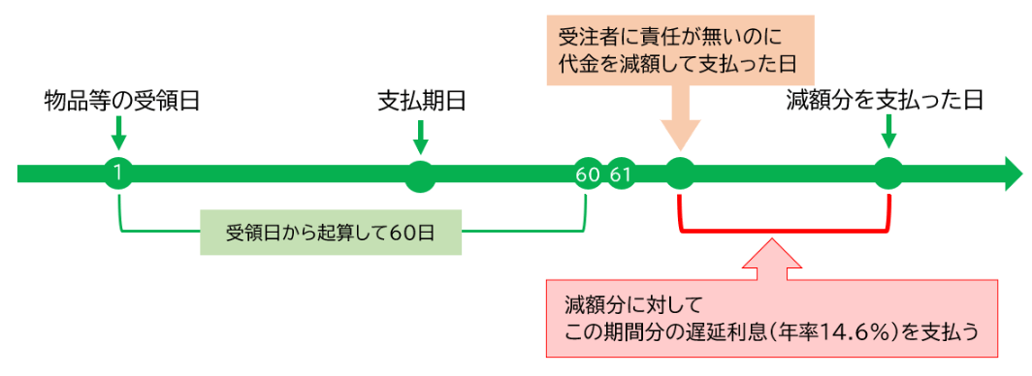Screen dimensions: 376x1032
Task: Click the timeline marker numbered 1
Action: tap(117, 174)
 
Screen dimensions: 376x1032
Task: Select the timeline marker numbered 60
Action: tap(587, 174)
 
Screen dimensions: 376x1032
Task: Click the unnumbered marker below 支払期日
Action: tap(420, 174)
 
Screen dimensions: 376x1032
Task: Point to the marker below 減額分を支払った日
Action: tap(888, 174)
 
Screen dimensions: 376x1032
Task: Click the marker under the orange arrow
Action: tap(680, 174)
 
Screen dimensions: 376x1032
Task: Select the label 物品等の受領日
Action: tap(121, 100)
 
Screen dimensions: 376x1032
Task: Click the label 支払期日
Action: tap(420, 100)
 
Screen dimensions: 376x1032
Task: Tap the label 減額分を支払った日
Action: tap(885, 100)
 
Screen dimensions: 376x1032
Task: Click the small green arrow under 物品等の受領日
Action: tap(117, 133)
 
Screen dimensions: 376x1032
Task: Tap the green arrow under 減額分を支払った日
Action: tap(888, 135)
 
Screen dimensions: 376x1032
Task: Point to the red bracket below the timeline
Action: tap(785, 230)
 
